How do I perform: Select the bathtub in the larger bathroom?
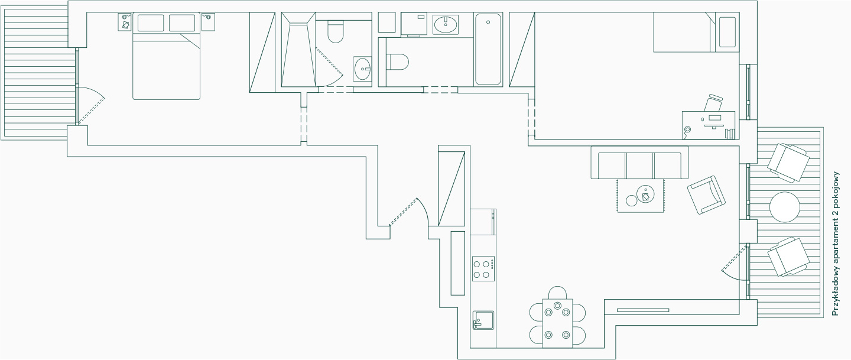tap(488, 49)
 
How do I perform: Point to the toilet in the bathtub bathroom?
tap(397, 61)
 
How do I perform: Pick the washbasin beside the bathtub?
tap(446, 25)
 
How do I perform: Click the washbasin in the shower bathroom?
tap(363, 69)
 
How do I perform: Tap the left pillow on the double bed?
tap(151, 23)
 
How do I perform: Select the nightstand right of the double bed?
tap(208, 22)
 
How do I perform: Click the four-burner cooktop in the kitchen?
tap(483, 269)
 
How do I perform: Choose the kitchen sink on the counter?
tap(483, 320)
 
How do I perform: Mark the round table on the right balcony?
tap(785, 207)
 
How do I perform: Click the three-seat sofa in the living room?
tap(639, 163)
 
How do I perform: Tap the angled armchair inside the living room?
tap(706, 195)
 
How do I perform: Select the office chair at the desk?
tap(713, 103)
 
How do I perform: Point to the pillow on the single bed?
tap(727, 33)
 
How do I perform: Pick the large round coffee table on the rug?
tap(645, 194)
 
